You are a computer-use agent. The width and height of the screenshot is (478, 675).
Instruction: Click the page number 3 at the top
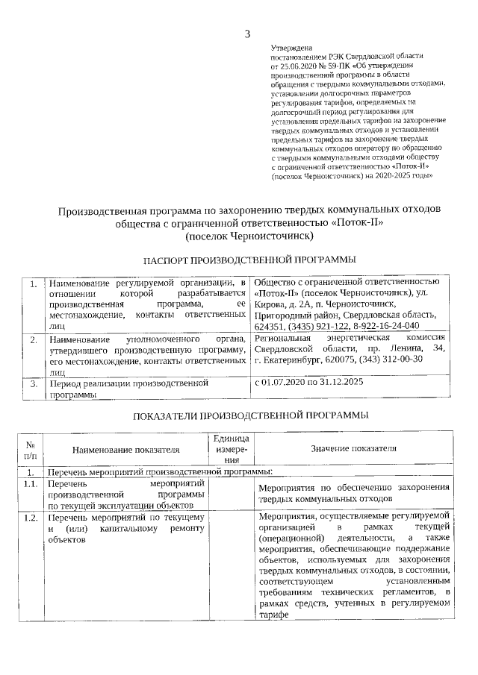[x=247, y=33]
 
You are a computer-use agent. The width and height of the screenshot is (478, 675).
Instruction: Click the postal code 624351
[x=271, y=327]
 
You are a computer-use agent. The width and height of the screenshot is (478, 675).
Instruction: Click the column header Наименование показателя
[x=126, y=450]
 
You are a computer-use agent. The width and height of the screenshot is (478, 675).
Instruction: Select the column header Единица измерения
[x=231, y=450]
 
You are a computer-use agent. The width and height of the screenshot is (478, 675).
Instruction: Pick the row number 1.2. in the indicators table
[x=31, y=517]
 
